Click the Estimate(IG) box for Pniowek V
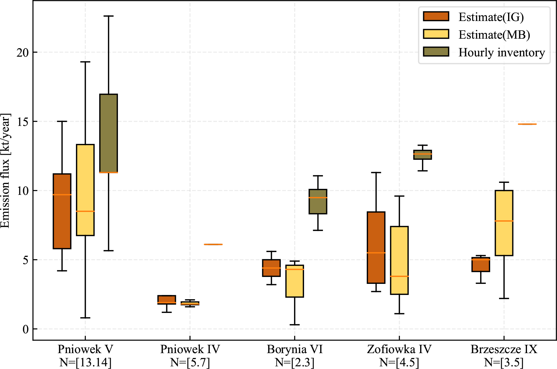(62, 211)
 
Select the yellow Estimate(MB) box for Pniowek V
(85, 190)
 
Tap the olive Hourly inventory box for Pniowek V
(109, 133)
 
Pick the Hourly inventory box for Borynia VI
(318, 201)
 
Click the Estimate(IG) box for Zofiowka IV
(376, 247)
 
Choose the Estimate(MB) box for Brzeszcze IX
(504, 223)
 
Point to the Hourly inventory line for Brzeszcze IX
(527, 124)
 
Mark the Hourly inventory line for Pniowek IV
(213, 244)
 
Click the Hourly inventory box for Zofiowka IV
(423, 155)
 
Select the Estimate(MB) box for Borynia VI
(295, 281)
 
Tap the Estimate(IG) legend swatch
(436, 16)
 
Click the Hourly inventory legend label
(501, 52)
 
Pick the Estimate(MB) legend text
(494, 35)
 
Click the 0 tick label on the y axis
(26, 329)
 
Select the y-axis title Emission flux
(5, 171)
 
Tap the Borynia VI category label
(295, 349)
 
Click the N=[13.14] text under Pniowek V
(85, 362)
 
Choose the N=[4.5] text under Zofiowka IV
(399, 362)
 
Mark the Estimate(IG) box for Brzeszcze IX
(481, 264)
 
